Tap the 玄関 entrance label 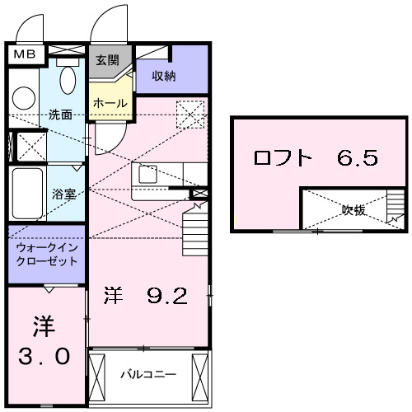pos(106,60)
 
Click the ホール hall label pos(110,104)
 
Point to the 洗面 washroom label pos(60,115)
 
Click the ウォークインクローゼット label pos(46,254)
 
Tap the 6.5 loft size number pos(357,157)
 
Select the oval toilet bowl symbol pos(68,81)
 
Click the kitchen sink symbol pos(147,175)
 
